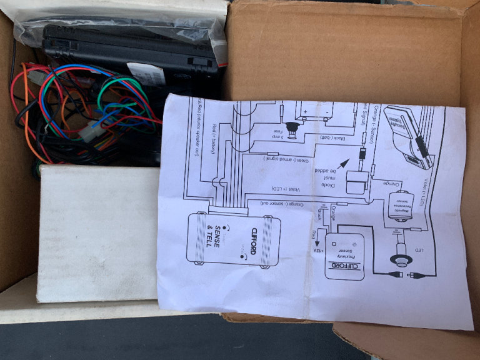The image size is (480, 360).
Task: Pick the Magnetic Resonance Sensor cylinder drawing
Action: tap(398, 206)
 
